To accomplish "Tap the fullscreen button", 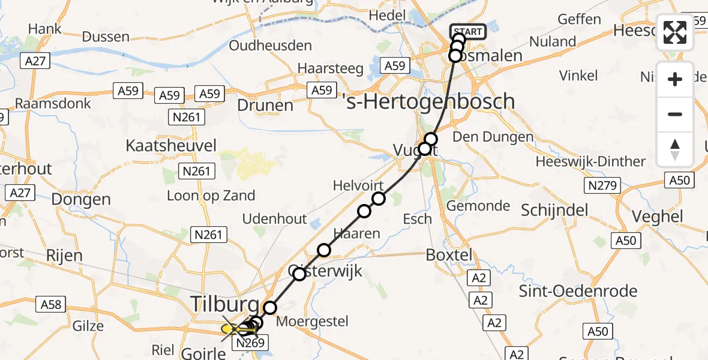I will pos(675,33).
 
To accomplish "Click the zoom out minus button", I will pos(675,114).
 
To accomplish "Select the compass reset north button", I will pos(675,149).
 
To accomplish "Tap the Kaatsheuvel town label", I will pos(171,145).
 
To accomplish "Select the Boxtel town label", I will pos(449,254).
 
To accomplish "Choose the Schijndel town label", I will pos(555,209).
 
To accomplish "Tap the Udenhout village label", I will pos(275,219).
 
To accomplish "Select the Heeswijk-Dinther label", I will pos(590,161).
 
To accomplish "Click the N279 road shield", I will pos(602,186).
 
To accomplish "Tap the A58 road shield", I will pos(51,305).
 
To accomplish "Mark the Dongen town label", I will pos(81,199).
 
